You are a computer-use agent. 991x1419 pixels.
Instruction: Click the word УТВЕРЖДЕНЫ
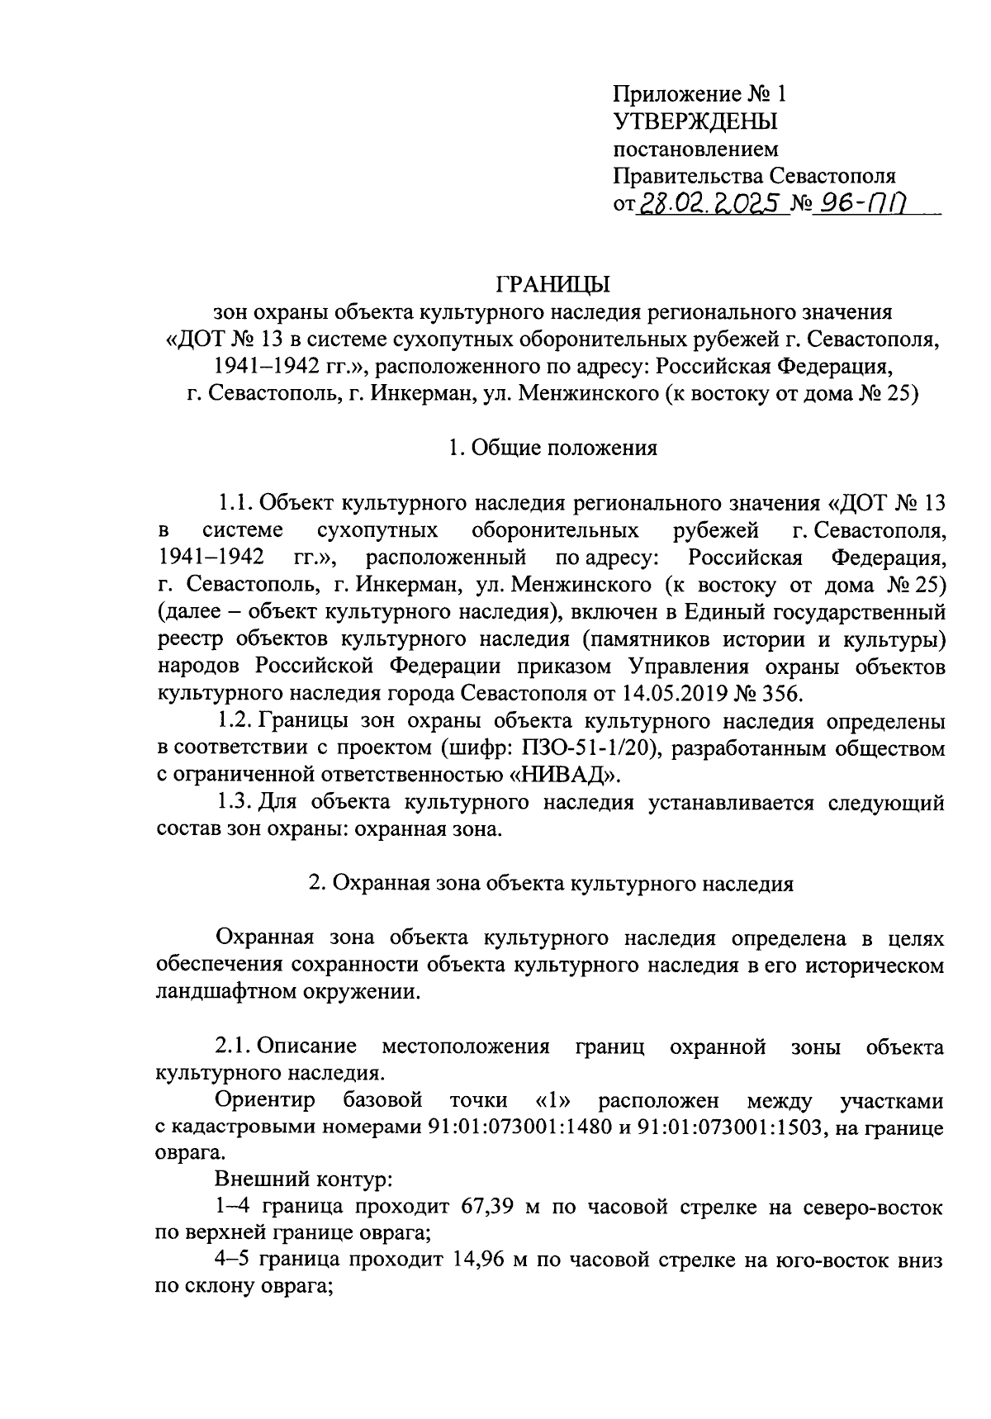coord(695,122)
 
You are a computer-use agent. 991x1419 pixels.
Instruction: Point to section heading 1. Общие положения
coord(552,448)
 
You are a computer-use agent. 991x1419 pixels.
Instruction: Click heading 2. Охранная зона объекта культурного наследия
coord(551,883)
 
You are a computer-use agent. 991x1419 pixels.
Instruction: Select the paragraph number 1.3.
coord(234,802)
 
